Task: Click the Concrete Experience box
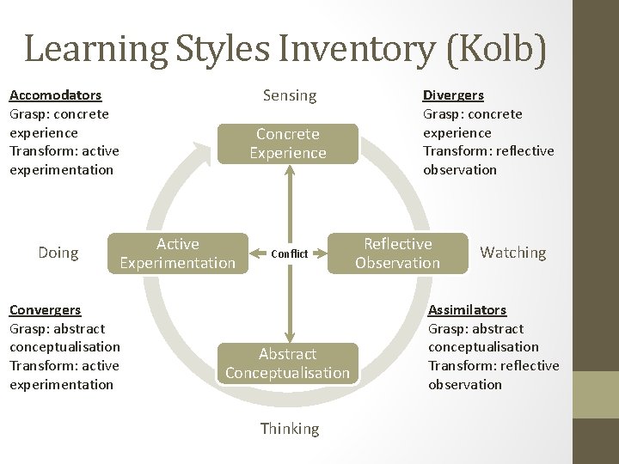click(x=288, y=143)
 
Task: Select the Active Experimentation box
click(x=177, y=253)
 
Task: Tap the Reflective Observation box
click(x=397, y=253)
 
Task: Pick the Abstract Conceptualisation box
click(x=288, y=363)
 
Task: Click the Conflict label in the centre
click(x=288, y=254)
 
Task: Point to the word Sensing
click(x=290, y=95)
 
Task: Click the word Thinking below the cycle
click(x=289, y=428)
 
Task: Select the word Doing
click(x=58, y=253)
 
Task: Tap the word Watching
click(x=513, y=253)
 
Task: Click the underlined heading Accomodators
click(x=55, y=95)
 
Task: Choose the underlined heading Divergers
click(x=453, y=95)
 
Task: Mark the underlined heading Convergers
click(x=45, y=310)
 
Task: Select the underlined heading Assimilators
click(x=467, y=310)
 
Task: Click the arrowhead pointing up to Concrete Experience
click(x=289, y=169)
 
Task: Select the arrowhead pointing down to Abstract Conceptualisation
click(x=289, y=336)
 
